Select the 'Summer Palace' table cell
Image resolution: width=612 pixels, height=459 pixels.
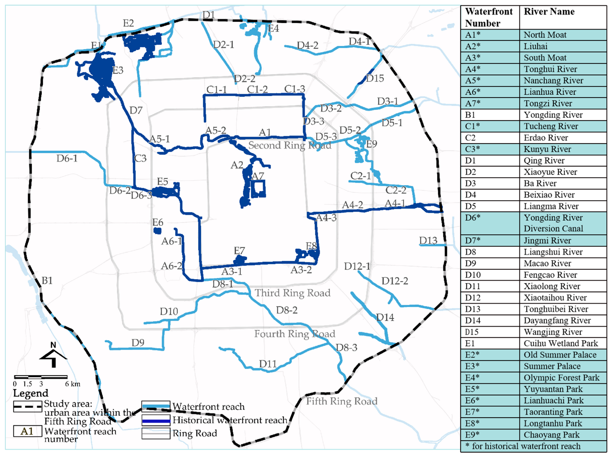pyautogui.click(x=552, y=366)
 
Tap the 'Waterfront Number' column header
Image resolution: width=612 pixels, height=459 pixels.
pyautogui.click(x=489, y=17)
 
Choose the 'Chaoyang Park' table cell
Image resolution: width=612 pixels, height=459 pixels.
pyautogui.click(x=551, y=435)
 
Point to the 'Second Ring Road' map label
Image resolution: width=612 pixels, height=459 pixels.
pyautogui.click(x=289, y=145)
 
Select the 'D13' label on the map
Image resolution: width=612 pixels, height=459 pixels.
pyautogui.click(x=428, y=241)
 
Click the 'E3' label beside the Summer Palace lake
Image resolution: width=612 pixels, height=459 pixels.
pyautogui.click(x=118, y=71)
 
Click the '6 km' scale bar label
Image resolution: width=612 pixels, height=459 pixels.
pyautogui.click(x=72, y=384)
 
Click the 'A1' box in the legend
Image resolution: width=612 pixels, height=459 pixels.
pyautogui.click(x=27, y=431)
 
